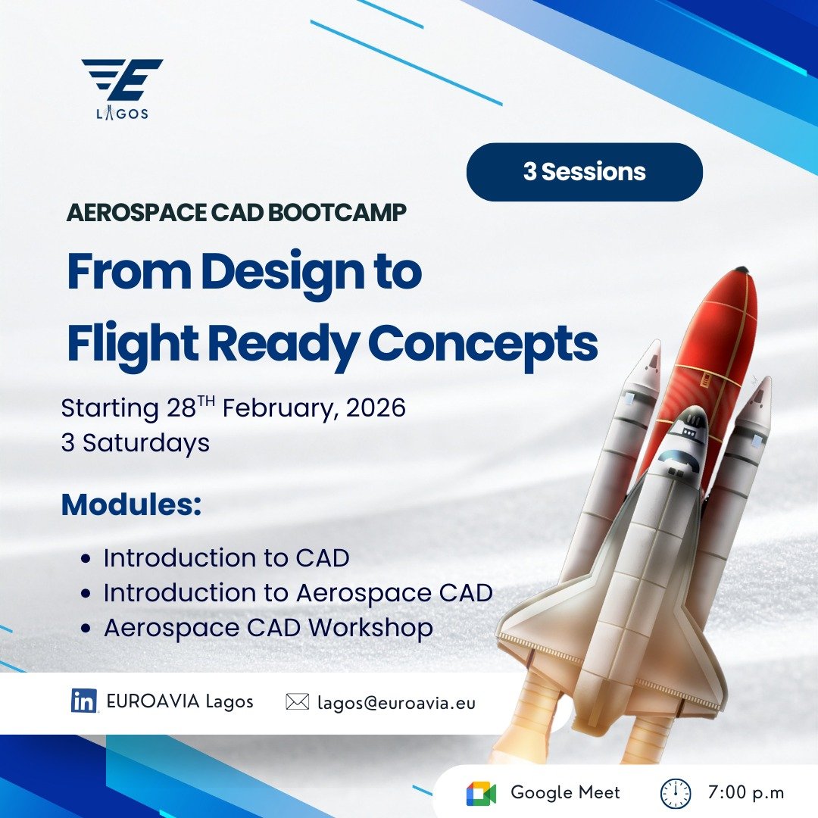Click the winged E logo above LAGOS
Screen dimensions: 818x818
(123, 80)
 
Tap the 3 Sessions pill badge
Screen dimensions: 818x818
(584, 172)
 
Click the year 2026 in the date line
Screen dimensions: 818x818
(376, 407)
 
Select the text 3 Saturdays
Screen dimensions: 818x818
(136, 443)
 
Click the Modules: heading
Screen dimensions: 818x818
(132, 504)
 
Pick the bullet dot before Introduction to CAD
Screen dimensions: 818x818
(86, 559)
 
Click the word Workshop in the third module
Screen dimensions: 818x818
(370, 628)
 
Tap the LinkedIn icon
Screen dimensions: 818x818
(84, 701)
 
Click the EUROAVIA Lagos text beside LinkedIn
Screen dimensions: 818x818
(180, 701)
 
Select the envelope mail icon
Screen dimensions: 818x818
(298, 701)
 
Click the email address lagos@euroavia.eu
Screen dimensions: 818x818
(396, 703)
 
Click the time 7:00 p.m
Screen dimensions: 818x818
(746, 792)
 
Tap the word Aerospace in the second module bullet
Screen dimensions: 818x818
(364, 593)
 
